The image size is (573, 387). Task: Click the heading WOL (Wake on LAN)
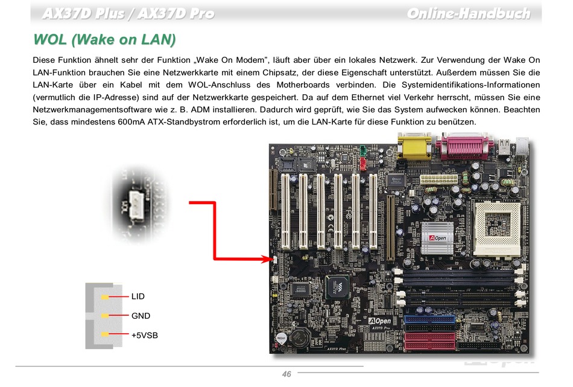coord(105,40)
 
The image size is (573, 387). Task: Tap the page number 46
coord(286,374)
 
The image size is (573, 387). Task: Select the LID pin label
coord(138,296)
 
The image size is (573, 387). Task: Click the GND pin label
coord(141,316)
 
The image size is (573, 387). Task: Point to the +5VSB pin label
coord(145,334)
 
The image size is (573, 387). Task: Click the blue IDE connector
coord(431,323)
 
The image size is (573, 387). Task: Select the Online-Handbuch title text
coord(469,14)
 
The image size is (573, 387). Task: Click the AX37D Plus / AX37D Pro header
coord(128,14)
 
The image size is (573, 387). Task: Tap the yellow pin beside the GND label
coord(105,316)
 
